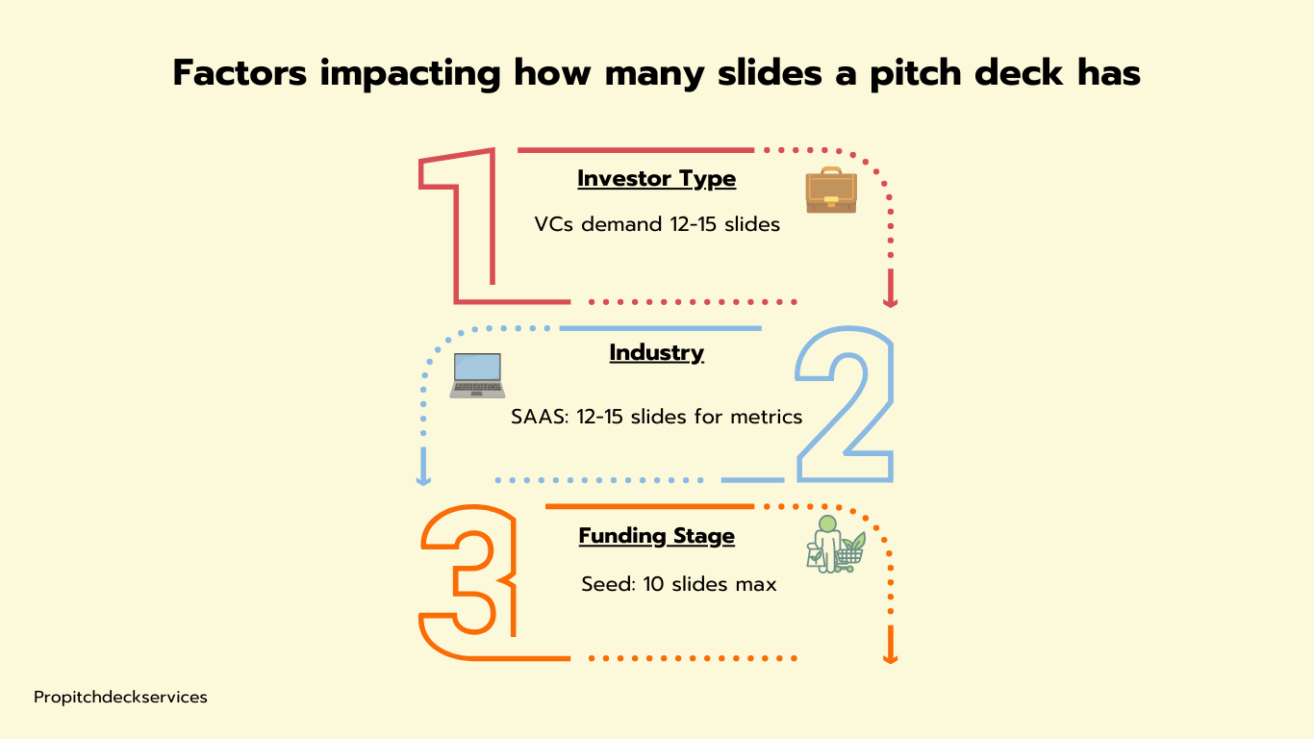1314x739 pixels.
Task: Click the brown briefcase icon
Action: pyautogui.click(x=831, y=191)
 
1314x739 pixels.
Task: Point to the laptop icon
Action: pyautogui.click(x=477, y=375)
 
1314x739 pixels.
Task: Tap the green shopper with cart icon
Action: pyautogui.click(x=836, y=545)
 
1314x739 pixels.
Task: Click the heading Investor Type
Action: pyautogui.click(x=656, y=178)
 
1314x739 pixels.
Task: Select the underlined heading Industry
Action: pyautogui.click(x=656, y=353)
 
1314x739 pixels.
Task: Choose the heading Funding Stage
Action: pyautogui.click(x=656, y=536)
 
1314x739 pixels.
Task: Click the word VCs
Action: pyautogui.click(x=553, y=224)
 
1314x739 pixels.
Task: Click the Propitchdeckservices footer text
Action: pyautogui.click(x=120, y=698)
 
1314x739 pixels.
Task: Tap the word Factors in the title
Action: pyautogui.click(x=240, y=73)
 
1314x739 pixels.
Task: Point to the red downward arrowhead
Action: pyautogui.click(x=891, y=302)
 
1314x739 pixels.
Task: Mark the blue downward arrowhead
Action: pyautogui.click(x=423, y=481)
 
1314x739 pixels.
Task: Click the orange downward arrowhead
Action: pyautogui.click(x=891, y=659)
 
